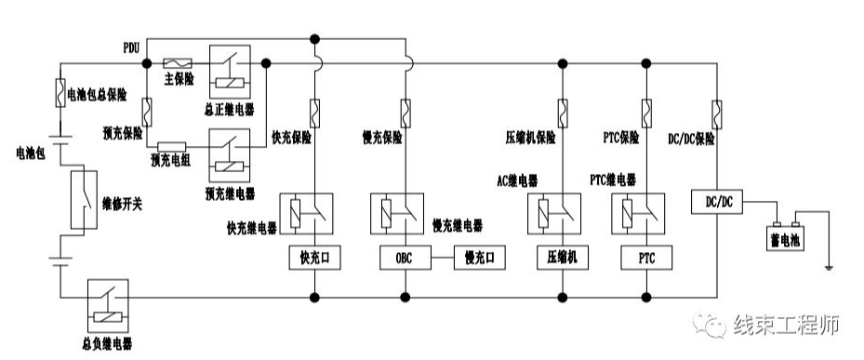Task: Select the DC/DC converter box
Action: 717,201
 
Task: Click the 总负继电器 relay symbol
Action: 108,304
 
